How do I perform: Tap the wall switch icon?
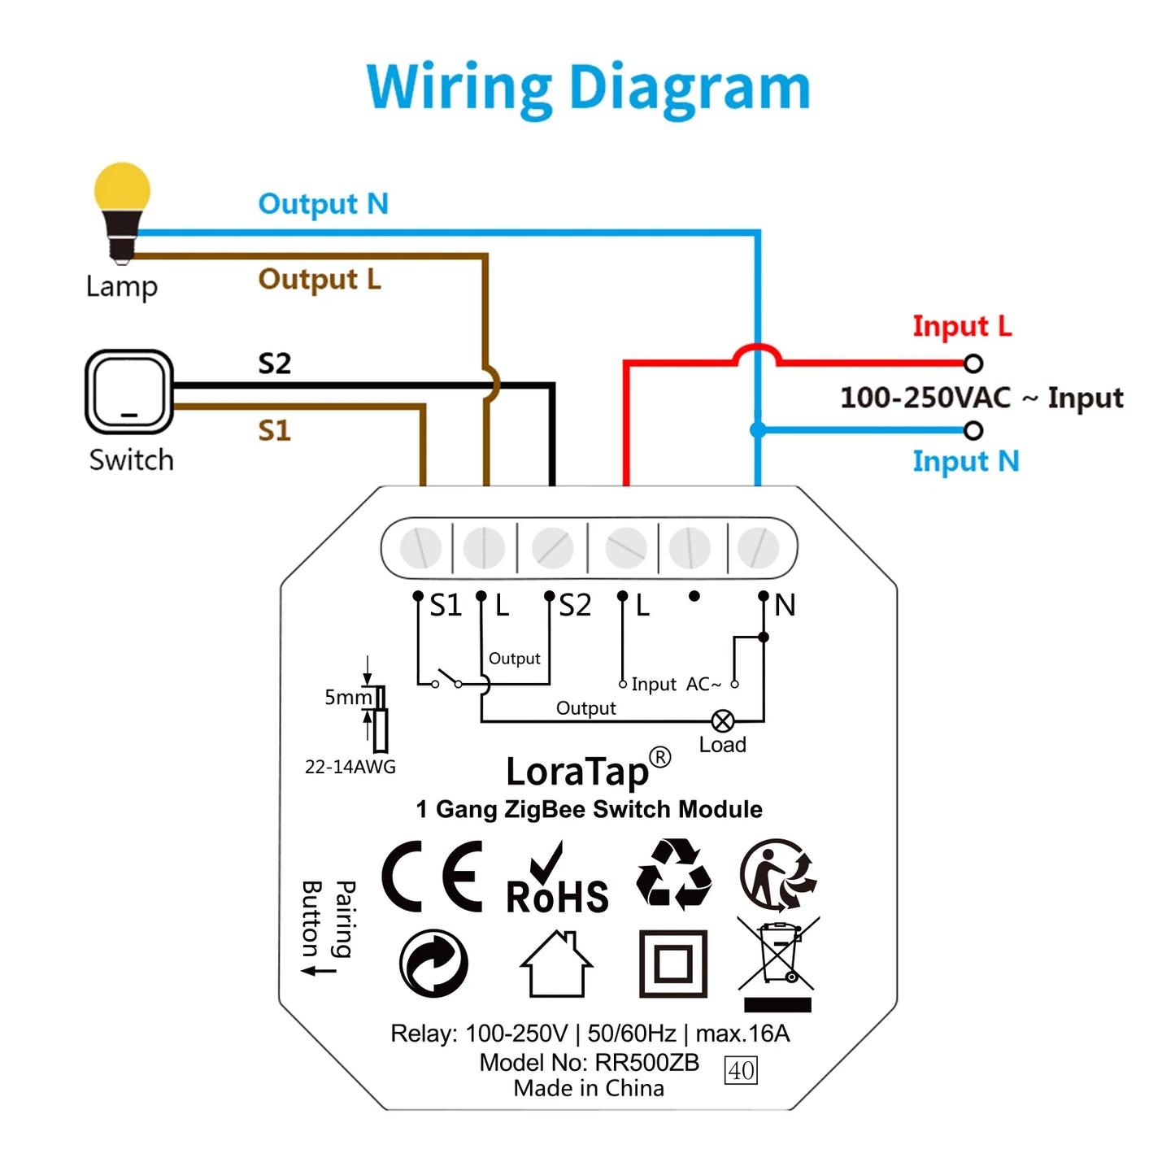coord(129,392)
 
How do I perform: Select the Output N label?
coord(323,203)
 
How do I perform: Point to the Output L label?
coord(319,279)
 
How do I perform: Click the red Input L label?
coord(962,326)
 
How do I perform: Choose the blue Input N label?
coord(965,461)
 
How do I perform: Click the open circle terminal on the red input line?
coord(973,363)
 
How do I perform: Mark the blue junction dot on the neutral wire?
coord(758,430)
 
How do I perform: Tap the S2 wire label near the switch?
coord(274,363)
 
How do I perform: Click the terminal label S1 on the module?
coord(445,606)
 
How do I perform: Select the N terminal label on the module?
coord(785,605)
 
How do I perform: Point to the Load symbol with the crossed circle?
coord(722,721)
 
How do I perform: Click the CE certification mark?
coord(433,877)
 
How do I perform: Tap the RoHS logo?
coord(557,883)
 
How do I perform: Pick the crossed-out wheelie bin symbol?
coord(778,964)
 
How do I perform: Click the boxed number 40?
coord(741,1070)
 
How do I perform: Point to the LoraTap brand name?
coord(578,771)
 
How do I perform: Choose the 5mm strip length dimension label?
coord(347,697)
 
